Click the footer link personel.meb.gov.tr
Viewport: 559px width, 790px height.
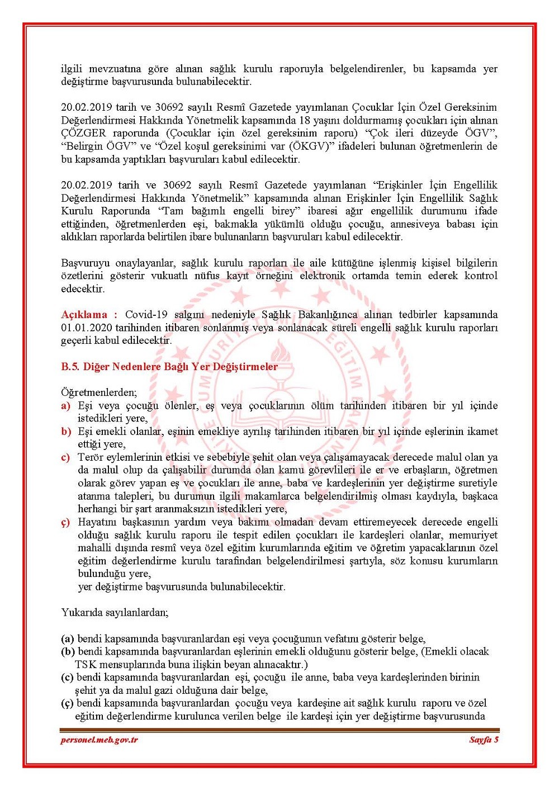[99, 740]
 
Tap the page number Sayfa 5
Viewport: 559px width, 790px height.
[484, 740]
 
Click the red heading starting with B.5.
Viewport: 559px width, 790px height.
[169, 367]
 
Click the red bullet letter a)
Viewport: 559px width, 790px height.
[66, 406]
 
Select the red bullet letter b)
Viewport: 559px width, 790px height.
[66, 432]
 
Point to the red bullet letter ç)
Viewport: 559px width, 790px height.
[66, 522]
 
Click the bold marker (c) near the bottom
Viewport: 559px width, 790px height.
[68, 678]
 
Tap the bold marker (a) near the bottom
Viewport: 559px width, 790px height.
[68, 638]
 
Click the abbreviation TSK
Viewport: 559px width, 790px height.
[86, 665]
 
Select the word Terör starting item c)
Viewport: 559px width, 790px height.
[91, 457]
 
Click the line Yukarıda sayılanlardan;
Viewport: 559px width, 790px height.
[115, 612]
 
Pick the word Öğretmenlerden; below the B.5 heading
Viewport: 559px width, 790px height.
[99, 392]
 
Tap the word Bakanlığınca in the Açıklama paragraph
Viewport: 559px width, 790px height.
[327, 315]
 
